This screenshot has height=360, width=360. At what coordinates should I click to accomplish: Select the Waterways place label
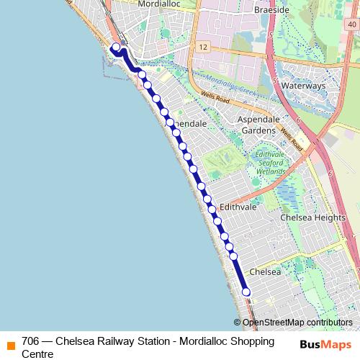point(304,85)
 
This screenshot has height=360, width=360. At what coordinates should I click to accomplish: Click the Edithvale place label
point(238,207)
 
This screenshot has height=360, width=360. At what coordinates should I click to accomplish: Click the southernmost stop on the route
point(246,292)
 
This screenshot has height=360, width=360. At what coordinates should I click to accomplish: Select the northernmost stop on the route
point(117,48)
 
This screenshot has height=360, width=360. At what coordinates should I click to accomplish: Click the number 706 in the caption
point(30,341)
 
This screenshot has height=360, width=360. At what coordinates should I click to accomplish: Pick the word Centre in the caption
point(37,354)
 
